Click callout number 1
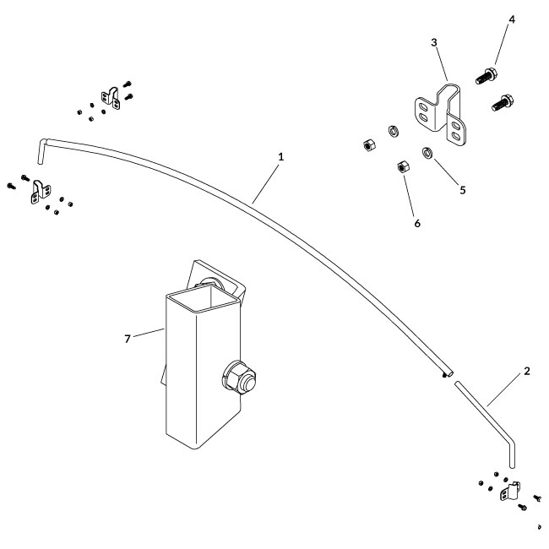(x=280, y=156)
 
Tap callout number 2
(x=526, y=372)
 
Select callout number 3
(x=433, y=42)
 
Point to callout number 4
(x=512, y=19)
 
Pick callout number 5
(x=463, y=190)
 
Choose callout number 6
(x=416, y=224)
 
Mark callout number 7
(x=128, y=338)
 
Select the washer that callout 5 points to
(x=427, y=153)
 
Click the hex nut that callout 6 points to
(x=402, y=167)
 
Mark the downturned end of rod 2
(x=512, y=456)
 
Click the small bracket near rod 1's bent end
(x=37, y=192)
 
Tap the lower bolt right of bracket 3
(x=502, y=105)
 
